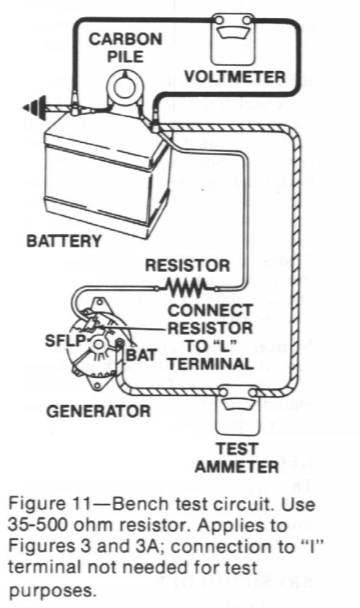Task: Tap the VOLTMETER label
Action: tap(235, 77)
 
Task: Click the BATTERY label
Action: tap(63, 241)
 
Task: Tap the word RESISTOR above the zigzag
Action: tap(187, 265)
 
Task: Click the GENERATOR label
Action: tap(98, 412)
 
